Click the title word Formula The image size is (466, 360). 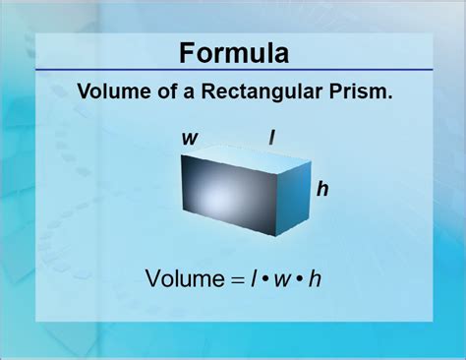233,50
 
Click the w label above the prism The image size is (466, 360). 188,138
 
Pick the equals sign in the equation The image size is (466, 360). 236,279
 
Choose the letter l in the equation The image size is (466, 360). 254,278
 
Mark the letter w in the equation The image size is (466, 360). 283,280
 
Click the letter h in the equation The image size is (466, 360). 315,278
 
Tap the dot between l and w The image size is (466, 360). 265,280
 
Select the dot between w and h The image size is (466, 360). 299,280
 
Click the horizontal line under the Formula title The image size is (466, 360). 233,70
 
